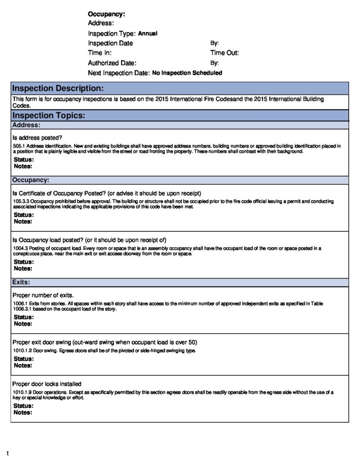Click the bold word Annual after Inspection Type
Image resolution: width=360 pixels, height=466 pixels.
coord(147,33)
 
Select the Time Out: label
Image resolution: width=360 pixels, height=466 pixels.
coord(224,53)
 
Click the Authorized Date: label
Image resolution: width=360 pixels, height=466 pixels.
coord(112,63)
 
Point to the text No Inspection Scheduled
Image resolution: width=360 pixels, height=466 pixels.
coord(187,73)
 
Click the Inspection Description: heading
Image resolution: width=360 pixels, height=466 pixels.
coord(58,88)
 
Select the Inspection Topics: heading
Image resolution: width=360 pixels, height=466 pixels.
coord(48,116)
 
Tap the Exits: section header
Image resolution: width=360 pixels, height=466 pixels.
coord(21,282)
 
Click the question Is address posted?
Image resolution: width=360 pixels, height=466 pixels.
coord(37,137)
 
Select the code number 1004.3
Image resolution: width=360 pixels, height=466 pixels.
coord(20,248)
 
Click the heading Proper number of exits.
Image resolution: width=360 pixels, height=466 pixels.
coord(43,295)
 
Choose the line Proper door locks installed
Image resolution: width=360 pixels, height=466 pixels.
coord(47,384)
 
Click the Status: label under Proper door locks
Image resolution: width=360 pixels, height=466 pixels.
coord(23,405)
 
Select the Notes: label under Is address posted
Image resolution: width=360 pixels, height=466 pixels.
coord(23,166)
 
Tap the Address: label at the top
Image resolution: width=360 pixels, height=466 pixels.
coord(101,23)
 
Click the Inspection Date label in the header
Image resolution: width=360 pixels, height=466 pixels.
coord(110,43)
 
